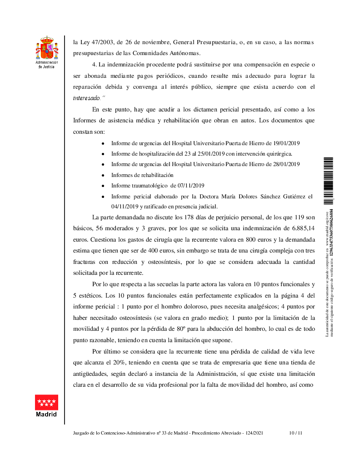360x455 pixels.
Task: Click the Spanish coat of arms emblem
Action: pyautogui.click(x=47, y=48)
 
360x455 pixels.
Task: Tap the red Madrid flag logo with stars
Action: pyautogui.click(x=47, y=402)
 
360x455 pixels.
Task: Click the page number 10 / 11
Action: pyautogui.click(x=296, y=433)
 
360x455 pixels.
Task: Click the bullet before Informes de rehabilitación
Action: pyautogui.click(x=103, y=175)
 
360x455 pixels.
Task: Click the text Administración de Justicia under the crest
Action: pyautogui.click(x=47, y=64)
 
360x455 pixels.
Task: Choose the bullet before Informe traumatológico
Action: pyautogui.click(x=103, y=186)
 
